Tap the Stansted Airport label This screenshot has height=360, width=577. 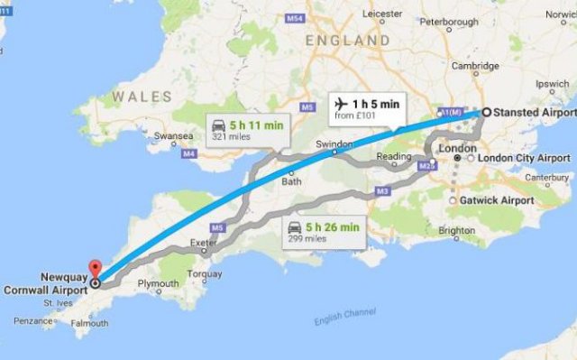tap(532, 113)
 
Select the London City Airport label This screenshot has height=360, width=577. tap(524, 158)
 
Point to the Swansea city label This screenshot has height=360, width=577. tap(173, 136)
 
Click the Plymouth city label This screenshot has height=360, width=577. tap(158, 284)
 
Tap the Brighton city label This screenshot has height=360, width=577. tap(456, 231)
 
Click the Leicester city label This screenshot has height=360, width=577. tap(383, 14)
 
